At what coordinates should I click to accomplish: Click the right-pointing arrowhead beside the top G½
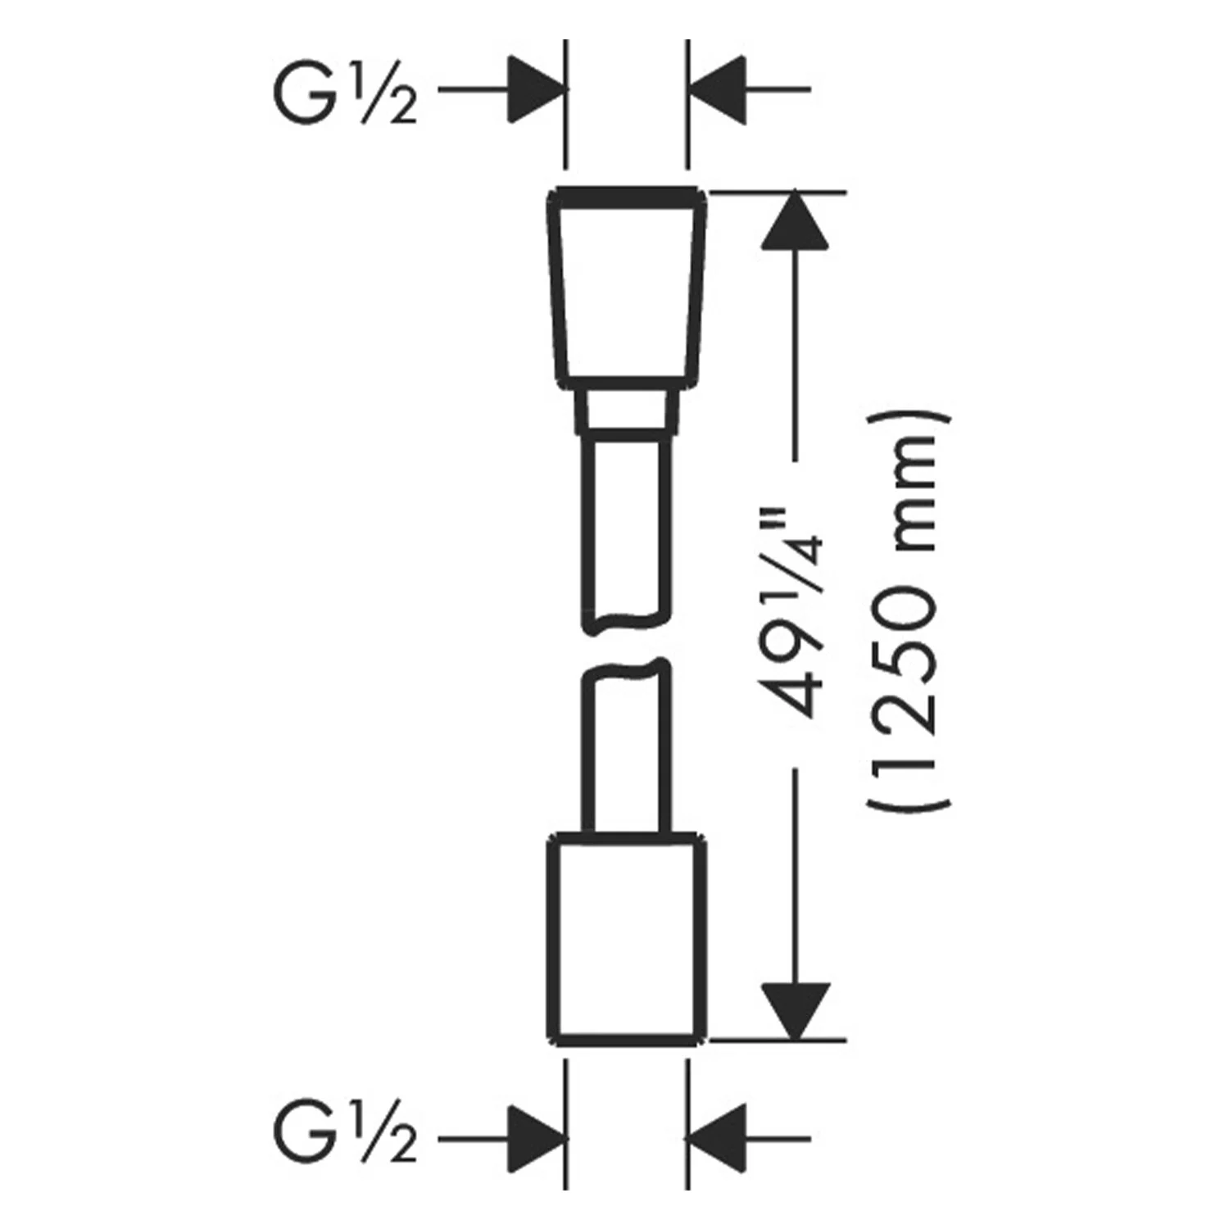[x=537, y=89]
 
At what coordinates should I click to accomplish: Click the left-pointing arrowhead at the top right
[x=717, y=89]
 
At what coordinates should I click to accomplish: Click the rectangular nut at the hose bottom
[x=627, y=941]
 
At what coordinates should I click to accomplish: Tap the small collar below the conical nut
[x=627, y=412]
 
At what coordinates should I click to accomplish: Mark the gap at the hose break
[x=627, y=647]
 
